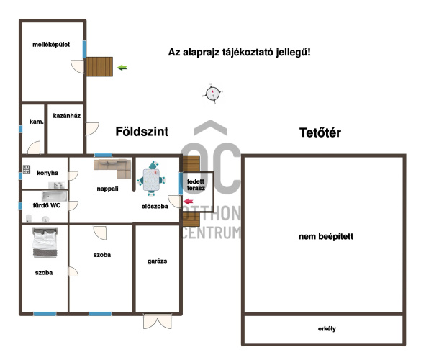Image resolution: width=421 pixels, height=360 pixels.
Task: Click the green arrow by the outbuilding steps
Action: click(x=122, y=68)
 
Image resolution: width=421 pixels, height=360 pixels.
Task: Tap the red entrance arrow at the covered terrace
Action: click(x=189, y=201)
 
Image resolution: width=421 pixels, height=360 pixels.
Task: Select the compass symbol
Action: click(x=212, y=94)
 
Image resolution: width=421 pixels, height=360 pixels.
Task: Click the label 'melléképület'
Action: click(x=51, y=45)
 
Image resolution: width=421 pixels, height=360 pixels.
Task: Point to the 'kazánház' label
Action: click(x=67, y=116)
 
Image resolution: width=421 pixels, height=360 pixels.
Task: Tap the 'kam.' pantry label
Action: click(x=36, y=122)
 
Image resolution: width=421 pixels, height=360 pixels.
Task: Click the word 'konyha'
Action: click(x=47, y=173)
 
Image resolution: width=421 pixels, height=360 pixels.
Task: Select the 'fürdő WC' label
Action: click(x=47, y=205)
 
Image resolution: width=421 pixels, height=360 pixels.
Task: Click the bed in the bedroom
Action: click(x=45, y=243)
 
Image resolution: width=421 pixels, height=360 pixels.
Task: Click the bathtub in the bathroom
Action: click(x=54, y=196)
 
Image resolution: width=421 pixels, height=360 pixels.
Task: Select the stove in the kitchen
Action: click(x=27, y=169)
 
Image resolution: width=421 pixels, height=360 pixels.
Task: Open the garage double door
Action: click(x=158, y=321)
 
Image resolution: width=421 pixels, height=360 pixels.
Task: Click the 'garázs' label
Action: click(x=158, y=261)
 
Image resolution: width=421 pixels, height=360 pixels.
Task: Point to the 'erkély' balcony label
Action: click(x=327, y=329)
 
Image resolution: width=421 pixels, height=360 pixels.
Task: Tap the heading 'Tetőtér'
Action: click(x=320, y=132)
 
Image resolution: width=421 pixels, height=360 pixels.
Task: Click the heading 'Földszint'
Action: click(x=142, y=132)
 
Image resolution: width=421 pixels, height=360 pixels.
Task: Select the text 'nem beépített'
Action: click(x=326, y=236)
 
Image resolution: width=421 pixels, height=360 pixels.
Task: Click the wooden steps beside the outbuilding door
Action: click(x=99, y=67)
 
